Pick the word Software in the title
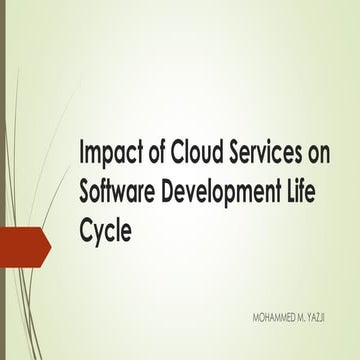click(117, 189)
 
